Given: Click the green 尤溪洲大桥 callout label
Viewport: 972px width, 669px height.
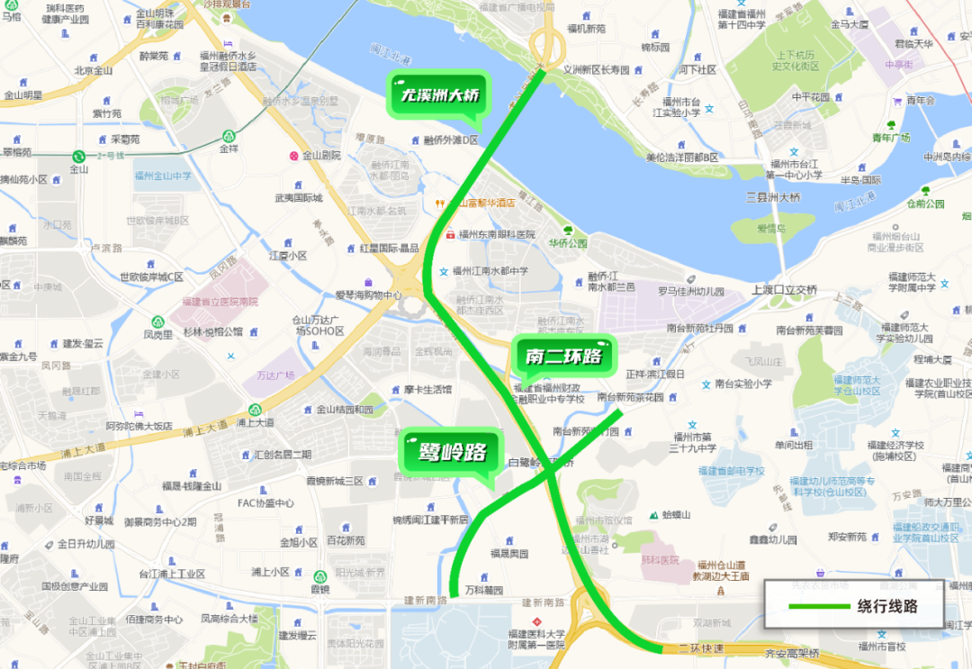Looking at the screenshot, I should (440, 95).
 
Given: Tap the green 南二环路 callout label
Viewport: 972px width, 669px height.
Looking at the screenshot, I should (563, 357).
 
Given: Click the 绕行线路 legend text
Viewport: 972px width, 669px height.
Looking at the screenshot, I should (887, 606).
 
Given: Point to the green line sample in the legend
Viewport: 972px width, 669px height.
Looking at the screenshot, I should (818, 606).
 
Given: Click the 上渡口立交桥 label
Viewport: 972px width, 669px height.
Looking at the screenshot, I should (784, 290).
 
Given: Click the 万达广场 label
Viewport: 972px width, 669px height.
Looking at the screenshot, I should (276, 375).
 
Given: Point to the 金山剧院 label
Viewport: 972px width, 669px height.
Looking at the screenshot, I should (320, 155).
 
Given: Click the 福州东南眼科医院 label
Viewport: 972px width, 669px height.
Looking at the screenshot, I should (496, 234).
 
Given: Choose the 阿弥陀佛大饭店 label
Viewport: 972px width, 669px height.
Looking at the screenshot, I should (139, 425).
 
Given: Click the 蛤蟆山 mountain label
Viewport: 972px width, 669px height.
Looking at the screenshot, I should (675, 514).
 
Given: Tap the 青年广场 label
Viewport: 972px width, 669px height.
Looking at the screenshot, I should (891, 138).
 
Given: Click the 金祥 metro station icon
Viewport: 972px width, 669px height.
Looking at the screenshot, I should (229, 137).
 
